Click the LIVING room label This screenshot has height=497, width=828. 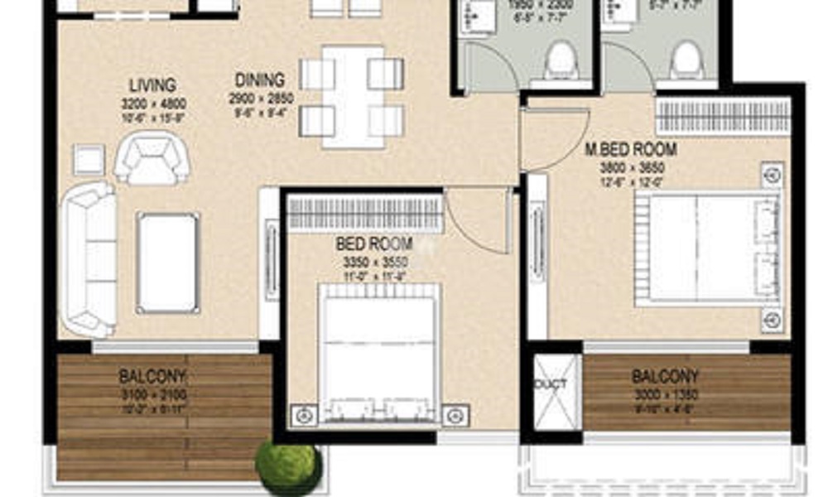pos(152,85)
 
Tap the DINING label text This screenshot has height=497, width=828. pos(260,80)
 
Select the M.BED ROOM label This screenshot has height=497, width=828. pos(631,150)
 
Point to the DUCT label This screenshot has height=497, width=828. pos(551,385)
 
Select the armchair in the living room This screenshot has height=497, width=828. pos(152,160)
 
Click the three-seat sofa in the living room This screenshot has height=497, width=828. pos(88,258)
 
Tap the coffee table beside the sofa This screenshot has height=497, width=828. pos(168,262)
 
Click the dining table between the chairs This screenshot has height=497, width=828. pos(353,96)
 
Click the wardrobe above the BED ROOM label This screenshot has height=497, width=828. pos(364,213)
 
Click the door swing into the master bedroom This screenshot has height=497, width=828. pos(543,138)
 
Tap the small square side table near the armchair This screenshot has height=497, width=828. pos(89,159)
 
